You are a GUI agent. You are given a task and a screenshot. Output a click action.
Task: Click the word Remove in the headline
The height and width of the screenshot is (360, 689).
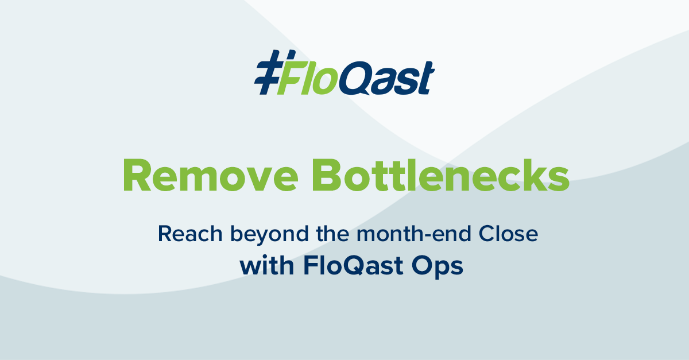211,175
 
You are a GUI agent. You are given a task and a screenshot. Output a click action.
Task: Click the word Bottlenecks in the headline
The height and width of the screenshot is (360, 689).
441,175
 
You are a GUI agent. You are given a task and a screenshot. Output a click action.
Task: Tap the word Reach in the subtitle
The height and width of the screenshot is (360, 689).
190,234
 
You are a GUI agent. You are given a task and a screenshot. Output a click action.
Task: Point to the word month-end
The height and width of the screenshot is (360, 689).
414,234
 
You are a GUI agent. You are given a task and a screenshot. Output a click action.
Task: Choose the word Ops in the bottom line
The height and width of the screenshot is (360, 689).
437,267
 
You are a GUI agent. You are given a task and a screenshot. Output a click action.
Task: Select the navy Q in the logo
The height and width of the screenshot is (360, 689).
355,78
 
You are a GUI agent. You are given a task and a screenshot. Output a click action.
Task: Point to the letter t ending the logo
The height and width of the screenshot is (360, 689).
425,78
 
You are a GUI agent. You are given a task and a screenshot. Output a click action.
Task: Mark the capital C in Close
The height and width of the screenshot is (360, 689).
486,234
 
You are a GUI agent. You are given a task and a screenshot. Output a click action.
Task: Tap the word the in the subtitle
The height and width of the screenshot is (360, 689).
332,233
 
